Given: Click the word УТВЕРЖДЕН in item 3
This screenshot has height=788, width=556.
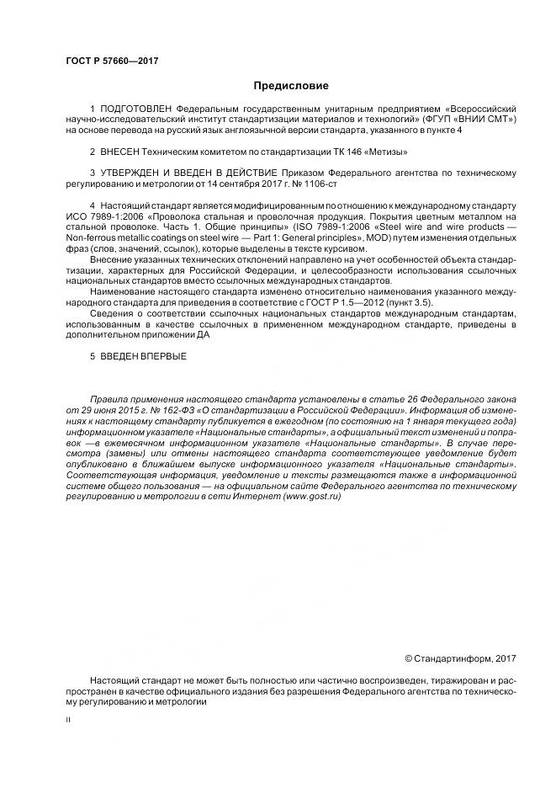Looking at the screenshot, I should coord(130,173).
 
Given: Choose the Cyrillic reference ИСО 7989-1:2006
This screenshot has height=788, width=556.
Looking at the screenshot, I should coord(99,216).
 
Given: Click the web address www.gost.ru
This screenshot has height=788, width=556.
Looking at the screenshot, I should coord(313,498).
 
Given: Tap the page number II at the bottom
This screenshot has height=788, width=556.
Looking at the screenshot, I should coord(68,721).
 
